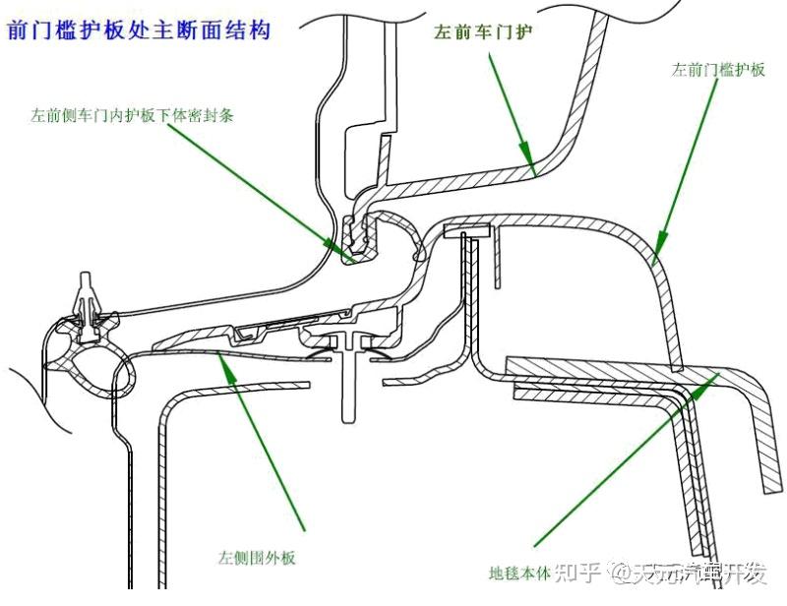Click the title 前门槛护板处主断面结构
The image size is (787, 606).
pyautogui.click(x=138, y=30)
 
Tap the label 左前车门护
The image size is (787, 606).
pyautogui.click(x=484, y=31)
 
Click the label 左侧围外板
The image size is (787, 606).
pyautogui.click(x=257, y=558)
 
